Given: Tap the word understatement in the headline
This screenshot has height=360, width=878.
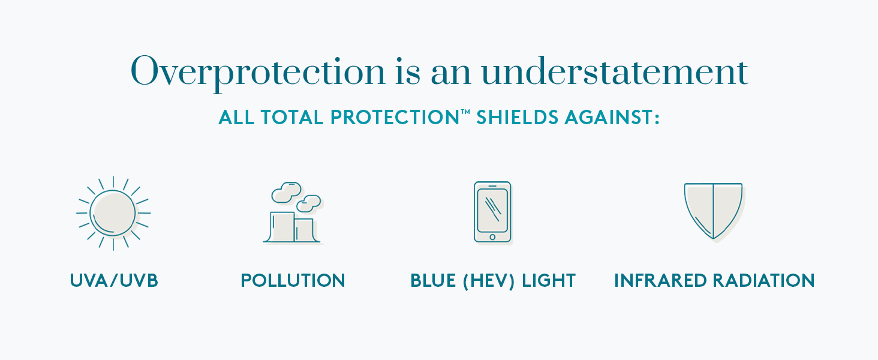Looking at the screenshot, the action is [615, 71].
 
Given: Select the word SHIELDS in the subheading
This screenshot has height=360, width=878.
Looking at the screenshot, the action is [517, 117].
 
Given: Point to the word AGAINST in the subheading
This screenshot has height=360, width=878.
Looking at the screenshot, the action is [612, 117].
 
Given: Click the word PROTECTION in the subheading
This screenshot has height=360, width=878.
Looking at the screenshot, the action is [395, 117].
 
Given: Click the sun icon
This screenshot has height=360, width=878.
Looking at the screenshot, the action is [114, 214].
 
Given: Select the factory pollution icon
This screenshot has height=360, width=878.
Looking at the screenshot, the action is [293, 212].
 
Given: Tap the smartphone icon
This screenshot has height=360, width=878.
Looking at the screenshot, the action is [493, 212].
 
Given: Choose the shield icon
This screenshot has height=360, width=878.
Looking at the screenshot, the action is [714, 212].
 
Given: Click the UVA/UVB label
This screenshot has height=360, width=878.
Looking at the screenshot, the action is [114, 281].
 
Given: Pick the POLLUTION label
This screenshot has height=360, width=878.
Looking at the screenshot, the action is [293, 281].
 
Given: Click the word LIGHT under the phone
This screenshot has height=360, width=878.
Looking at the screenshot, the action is [549, 281].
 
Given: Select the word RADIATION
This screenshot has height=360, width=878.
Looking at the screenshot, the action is [763, 281].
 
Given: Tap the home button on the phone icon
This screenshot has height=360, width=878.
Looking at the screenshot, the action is [492, 237].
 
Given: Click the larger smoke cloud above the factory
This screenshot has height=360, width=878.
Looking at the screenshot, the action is [287, 192].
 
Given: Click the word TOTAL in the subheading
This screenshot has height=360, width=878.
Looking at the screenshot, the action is [292, 117].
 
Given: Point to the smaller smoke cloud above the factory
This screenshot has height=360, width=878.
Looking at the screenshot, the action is [309, 203].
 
